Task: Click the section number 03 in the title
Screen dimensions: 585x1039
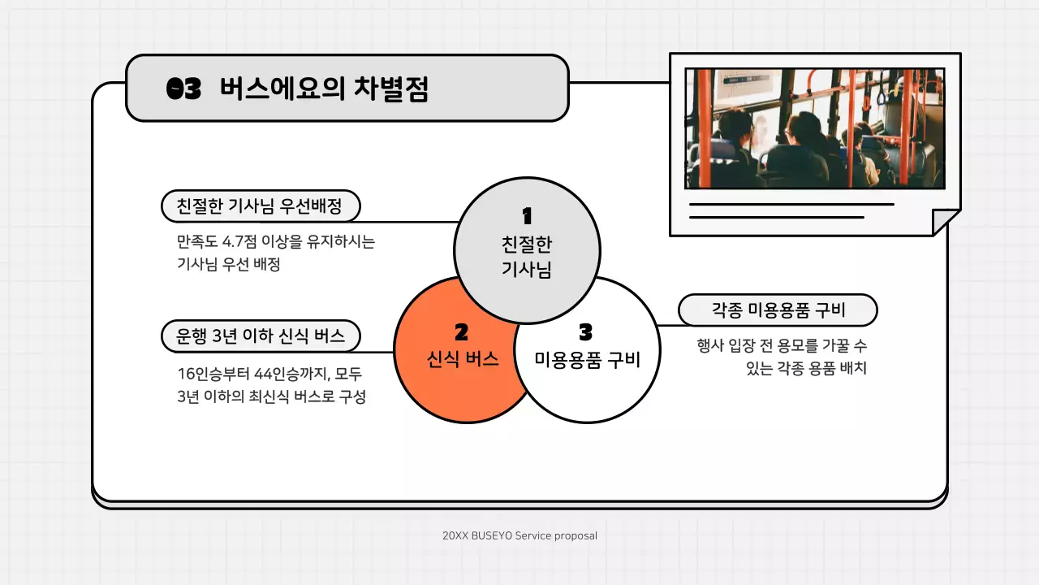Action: pyautogui.click(x=183, y=89)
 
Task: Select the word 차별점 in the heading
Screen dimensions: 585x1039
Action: pyautogui.click(x=390, y=89)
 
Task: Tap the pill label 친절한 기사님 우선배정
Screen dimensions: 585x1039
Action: pyautogui.click(x=261, y=206)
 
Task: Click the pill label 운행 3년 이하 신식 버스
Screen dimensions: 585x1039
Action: pyautogui.click(x=261, y=336)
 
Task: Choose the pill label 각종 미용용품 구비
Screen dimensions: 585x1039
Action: pyautogui.click(x=778, y=310)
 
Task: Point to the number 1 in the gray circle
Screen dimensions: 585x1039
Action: pyautogui.click(x=527, y=216)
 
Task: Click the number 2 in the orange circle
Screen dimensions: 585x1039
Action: pyautogui.click(x=461, y=332)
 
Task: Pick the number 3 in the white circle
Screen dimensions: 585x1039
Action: pyautogui.click(x=585, y=332)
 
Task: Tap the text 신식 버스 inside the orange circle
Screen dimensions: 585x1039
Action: pyautogui.click(x=463, y=359)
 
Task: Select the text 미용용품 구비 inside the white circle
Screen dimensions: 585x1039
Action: pyautogui.click(x=588, y=359)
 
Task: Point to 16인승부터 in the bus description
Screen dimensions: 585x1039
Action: pyautogui.click(x=213, y=375)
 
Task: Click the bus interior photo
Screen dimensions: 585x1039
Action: pyautogui.click(x=814, y=128)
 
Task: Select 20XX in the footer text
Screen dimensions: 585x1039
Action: pyautogui.click(x=455, y=536)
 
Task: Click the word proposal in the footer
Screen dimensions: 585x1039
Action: pyautogui.click(x=576, y=536)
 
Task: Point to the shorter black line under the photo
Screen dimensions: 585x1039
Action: pyautogui.click(x=776, y=218)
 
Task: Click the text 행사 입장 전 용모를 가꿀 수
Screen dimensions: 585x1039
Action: pyautogui.click(x=782, y=346)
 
